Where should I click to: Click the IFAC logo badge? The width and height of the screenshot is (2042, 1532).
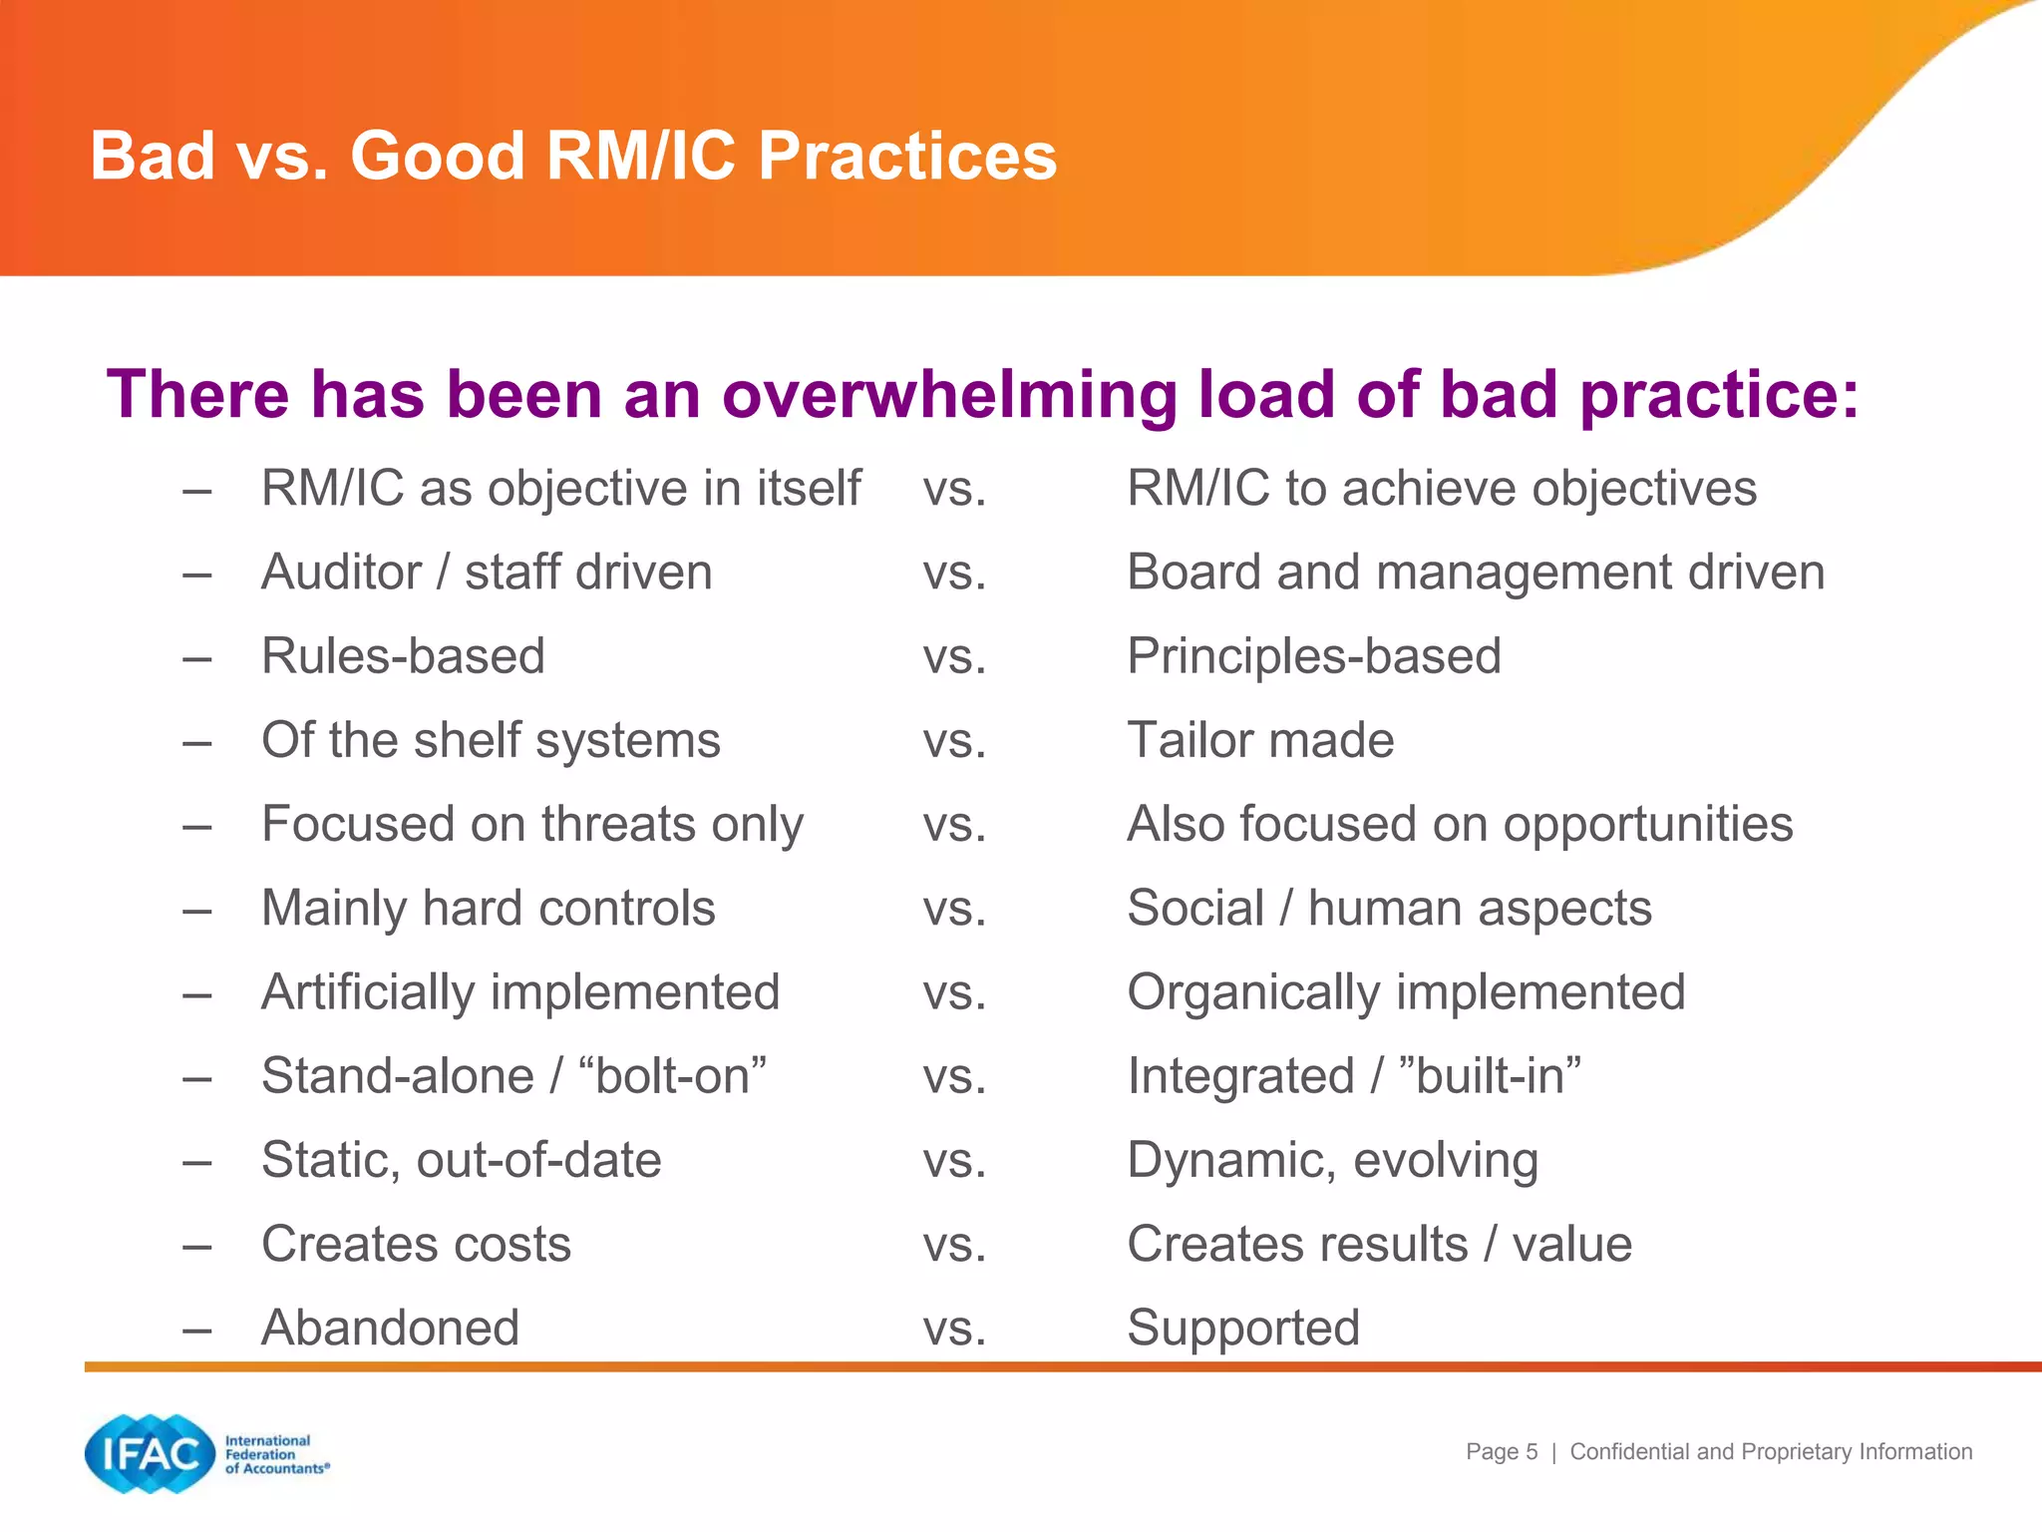150,1454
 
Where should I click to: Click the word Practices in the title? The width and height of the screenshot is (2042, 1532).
906,157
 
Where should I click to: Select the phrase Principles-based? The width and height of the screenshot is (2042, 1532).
1313,656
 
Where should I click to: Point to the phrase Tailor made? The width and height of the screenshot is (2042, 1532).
1259,740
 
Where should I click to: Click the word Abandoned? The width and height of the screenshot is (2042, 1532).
390,1328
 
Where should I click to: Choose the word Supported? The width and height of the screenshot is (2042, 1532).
1242,1328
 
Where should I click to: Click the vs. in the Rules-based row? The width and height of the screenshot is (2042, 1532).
954,656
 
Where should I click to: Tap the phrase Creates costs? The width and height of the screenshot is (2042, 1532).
416,1244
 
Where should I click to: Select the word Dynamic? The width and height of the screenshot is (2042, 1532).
1229,1160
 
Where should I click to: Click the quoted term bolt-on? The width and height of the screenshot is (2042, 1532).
672,1076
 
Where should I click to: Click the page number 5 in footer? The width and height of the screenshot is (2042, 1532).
1531,1452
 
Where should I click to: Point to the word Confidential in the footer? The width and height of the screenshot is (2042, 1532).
1630,1452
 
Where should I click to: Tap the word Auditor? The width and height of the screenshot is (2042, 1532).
341,573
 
